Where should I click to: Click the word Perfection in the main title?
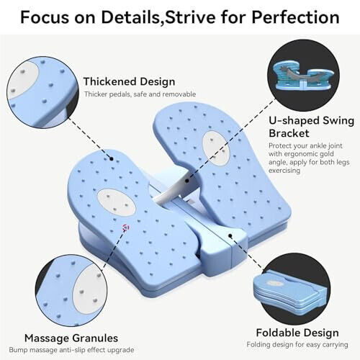click(295, 17)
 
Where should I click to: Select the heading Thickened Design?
click(129, 81)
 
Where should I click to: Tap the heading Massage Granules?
click(71, 338)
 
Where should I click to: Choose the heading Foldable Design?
click(297, 333)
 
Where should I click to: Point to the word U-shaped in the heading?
click(293, 121)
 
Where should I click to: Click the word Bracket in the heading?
click(289, 133)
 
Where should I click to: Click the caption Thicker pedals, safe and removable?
click(140, 94)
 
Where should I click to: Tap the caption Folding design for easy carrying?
click(297, 345)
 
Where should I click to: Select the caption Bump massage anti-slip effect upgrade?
click(71, 350)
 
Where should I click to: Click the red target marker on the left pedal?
click(126, 228)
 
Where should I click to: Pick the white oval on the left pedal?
click(117, 202)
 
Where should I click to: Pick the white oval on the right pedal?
click(216, 148)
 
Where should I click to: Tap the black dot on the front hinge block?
click(230, 235)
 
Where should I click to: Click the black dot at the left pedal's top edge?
click(112, 158)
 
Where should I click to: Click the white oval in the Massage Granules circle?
click(90, 289)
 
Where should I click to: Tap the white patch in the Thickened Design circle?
click(23, 80)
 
